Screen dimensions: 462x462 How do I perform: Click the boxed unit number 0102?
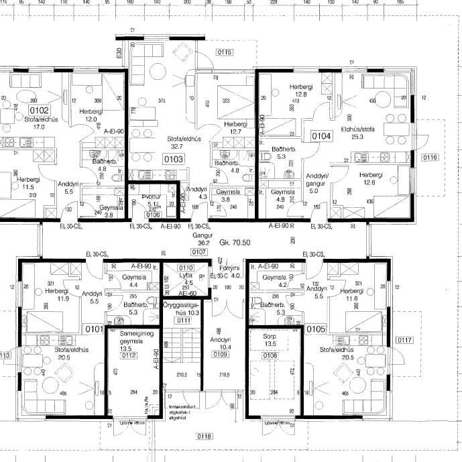tap(39, 110)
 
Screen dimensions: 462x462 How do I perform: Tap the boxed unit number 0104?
tap(321, 135)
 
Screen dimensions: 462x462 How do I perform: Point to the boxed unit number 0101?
tap(95, 330)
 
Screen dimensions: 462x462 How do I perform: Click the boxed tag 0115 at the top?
tap(225, 52)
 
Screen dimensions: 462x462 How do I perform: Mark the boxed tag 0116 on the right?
tap(430, 157)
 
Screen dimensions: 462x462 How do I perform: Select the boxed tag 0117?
tap(405, 340)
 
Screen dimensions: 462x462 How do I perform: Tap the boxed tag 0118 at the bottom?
tap(204, 437)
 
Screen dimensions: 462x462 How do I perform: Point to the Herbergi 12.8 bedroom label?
tap(298, 91)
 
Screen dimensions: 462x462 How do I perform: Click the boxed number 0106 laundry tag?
tap(154, 215)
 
